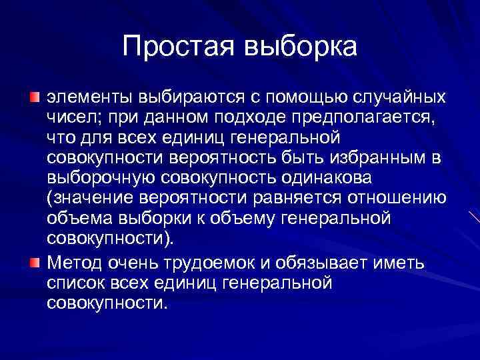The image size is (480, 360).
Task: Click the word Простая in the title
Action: coord(175,46)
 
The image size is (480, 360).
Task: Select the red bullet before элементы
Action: coord(35,98)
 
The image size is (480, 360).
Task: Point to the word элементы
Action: coord(89,98)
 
